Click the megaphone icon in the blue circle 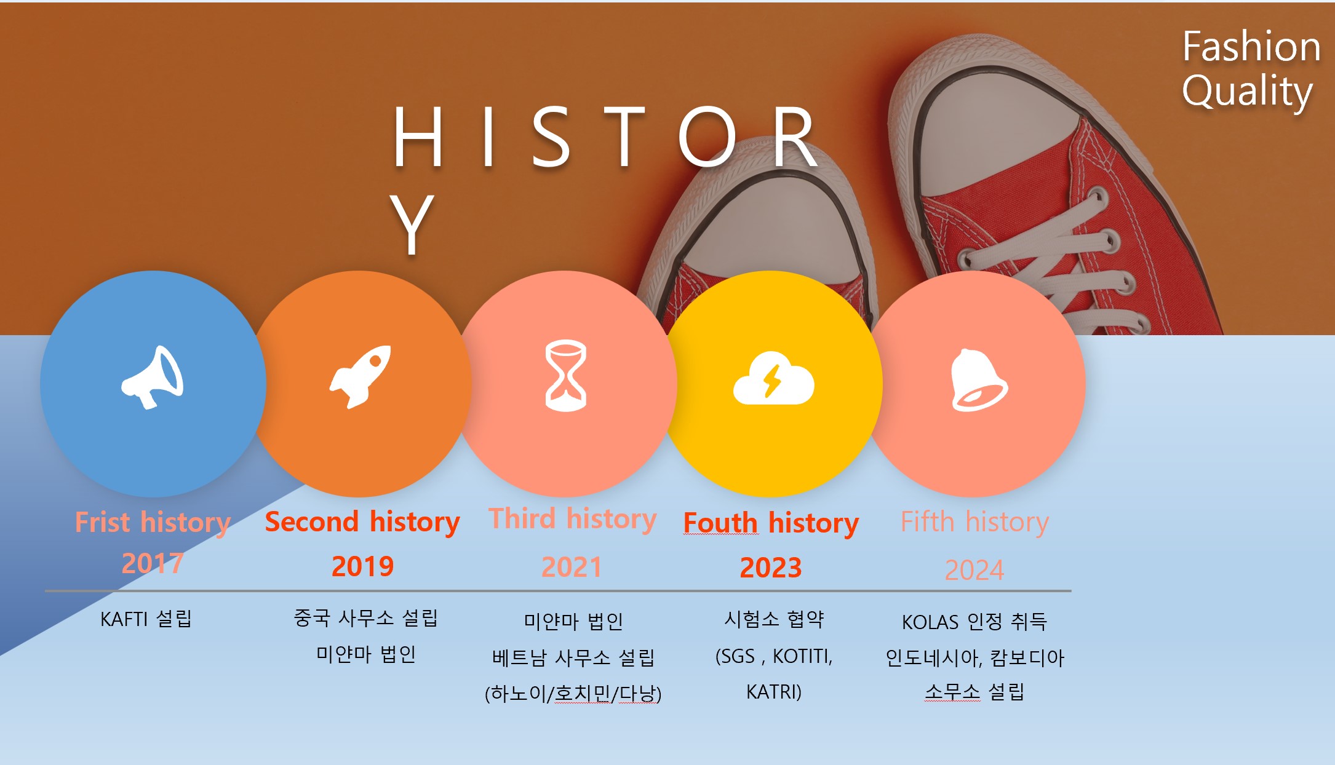152,377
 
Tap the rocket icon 361,376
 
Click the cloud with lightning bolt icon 773,378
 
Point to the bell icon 978,379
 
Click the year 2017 153,563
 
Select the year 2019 362,566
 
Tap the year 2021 572,566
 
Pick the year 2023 770,567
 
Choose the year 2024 974,570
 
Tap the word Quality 1247,92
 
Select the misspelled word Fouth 720,523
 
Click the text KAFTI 124,619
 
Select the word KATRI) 774,692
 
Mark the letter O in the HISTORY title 707,136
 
